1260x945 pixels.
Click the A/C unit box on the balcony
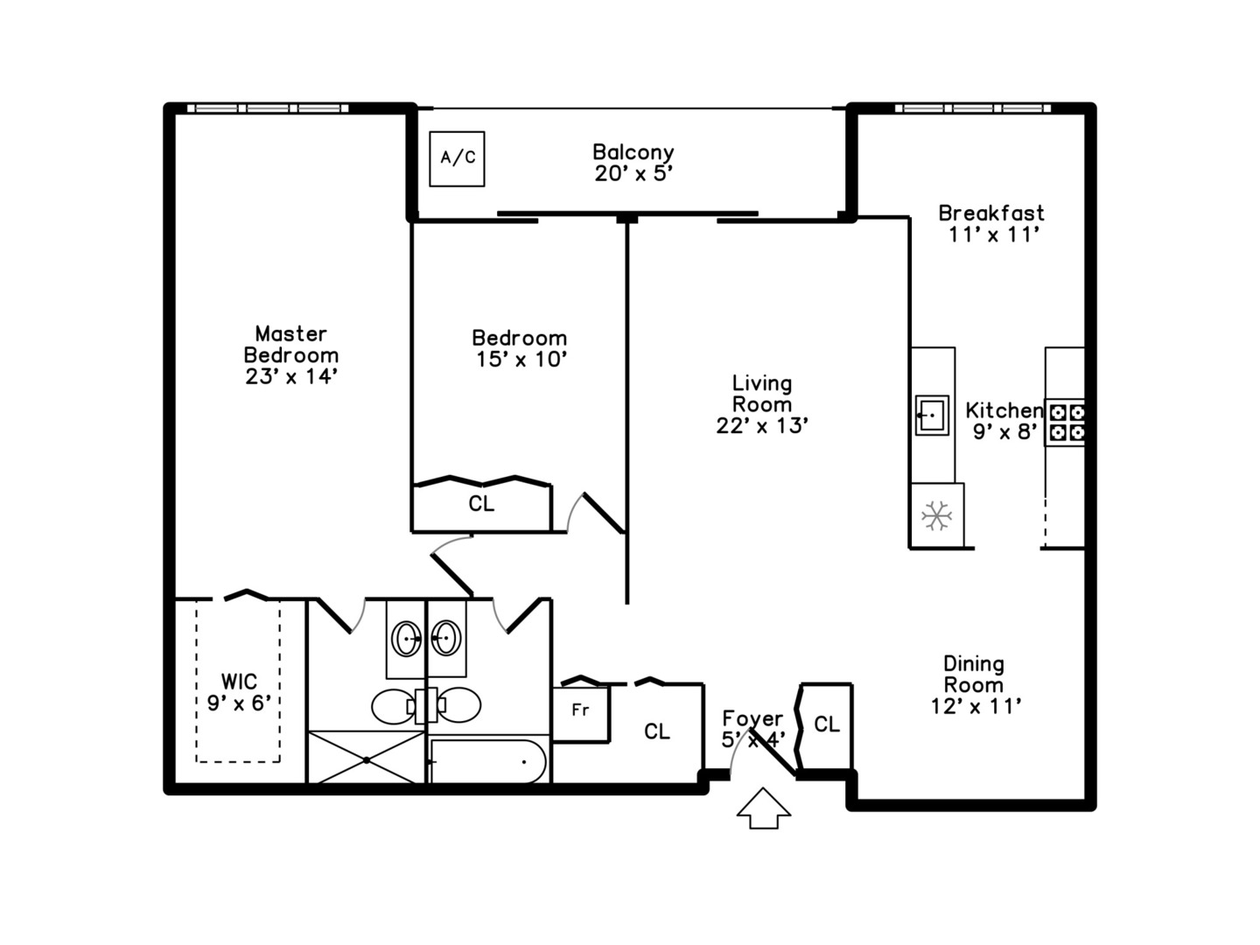457,158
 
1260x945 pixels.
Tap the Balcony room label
633,152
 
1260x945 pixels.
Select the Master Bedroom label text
290,344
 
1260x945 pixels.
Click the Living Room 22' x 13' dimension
761,426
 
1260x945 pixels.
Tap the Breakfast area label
991,213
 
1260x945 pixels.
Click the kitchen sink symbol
932,415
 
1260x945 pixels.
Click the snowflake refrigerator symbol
936,515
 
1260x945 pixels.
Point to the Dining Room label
973,674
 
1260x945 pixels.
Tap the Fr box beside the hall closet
580,710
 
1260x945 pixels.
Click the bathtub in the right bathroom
488,760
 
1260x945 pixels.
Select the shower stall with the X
367,758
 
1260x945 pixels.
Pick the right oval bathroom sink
446,638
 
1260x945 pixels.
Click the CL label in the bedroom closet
481,504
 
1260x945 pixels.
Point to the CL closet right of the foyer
827,724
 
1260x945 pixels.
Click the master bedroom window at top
268,108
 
